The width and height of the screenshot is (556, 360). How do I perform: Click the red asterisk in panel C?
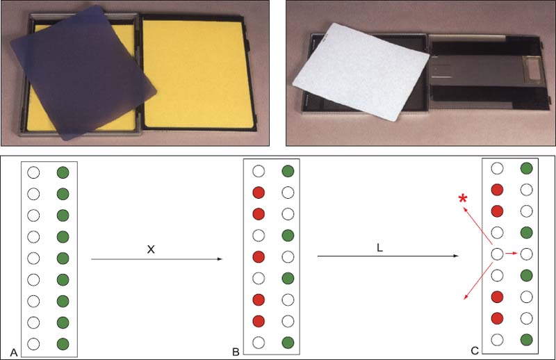(x=462, y=198)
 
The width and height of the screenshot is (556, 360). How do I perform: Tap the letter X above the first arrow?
(x=151, y=249)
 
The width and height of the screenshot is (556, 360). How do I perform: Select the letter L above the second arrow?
(x=379, y=248)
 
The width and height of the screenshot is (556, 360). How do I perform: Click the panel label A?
(x=14, y=352)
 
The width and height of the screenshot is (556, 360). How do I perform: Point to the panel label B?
(x=236, y=352)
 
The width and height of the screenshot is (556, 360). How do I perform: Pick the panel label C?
(x=475, y=351)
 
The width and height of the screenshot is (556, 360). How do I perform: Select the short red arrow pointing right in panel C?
(x=511, y=254)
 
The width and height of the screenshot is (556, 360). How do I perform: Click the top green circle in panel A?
(x=63, y=173)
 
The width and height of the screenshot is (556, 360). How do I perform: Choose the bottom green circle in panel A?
(x=63, y=344)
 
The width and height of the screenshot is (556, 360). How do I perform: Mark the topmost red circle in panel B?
(x=259, y=193)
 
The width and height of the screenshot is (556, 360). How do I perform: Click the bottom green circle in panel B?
(x=288, y=343)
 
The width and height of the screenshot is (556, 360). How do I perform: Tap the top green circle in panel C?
(x=527, y=168)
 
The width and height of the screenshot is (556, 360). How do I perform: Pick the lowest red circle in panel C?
(x=497, y=318)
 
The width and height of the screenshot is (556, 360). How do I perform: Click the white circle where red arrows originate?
(x=497, y=254)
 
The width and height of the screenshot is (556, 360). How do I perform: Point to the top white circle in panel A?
(x=33, y=173)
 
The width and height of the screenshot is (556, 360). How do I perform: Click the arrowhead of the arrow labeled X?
(x=220, y=259)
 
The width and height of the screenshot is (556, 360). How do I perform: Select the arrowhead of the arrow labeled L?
(x=456, y=256)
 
